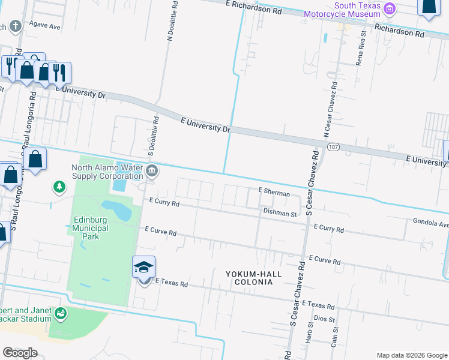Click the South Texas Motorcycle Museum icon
click(x=390, y=9)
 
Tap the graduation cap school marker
click(x=144, y=267)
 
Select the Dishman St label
click(x=280, y=213)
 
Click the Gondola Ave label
click(x=430, y=223)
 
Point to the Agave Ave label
click(x=46, y=27)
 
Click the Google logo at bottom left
click(x=20, y=353)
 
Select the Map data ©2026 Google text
click(x=412, y=355)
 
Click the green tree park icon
click(x=59, y=188)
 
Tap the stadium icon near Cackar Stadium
click(x=60, y=313)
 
